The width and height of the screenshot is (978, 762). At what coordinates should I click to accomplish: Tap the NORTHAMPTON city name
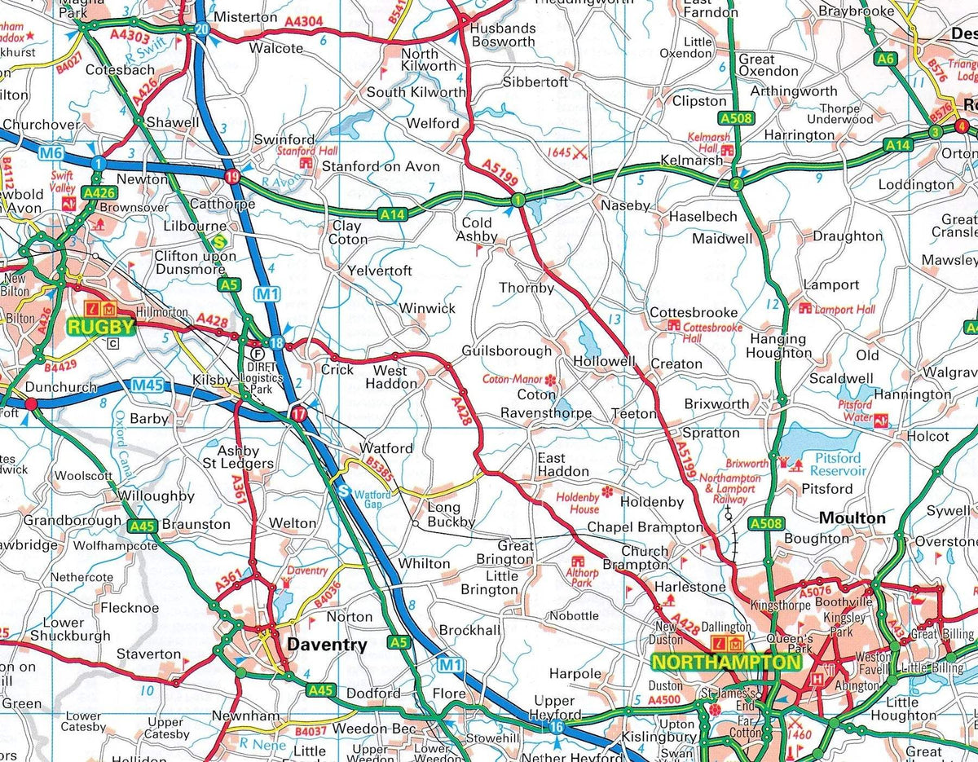pos(726,663)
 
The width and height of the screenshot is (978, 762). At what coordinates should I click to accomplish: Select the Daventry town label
pos(327,645)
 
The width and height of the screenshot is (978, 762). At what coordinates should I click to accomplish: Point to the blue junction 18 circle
pos(277,343)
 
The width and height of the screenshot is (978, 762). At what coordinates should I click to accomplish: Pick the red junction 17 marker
pos(299,415)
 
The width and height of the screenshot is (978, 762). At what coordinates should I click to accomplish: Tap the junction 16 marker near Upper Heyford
pos(557,727)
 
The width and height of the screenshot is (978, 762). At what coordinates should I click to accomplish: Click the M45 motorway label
pos(148,385)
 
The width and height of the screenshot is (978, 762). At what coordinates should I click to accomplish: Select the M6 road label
pos(50,152)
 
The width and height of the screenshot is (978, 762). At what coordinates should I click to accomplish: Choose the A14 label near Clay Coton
pos(392,215)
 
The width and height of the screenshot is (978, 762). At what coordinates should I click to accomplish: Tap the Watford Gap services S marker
pos(344,491)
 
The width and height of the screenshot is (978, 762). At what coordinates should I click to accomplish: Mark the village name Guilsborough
pos(506,350)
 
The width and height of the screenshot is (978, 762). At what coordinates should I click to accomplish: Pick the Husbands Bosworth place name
pos(503,34)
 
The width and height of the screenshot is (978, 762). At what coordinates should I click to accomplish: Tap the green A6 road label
pos(885,59)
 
